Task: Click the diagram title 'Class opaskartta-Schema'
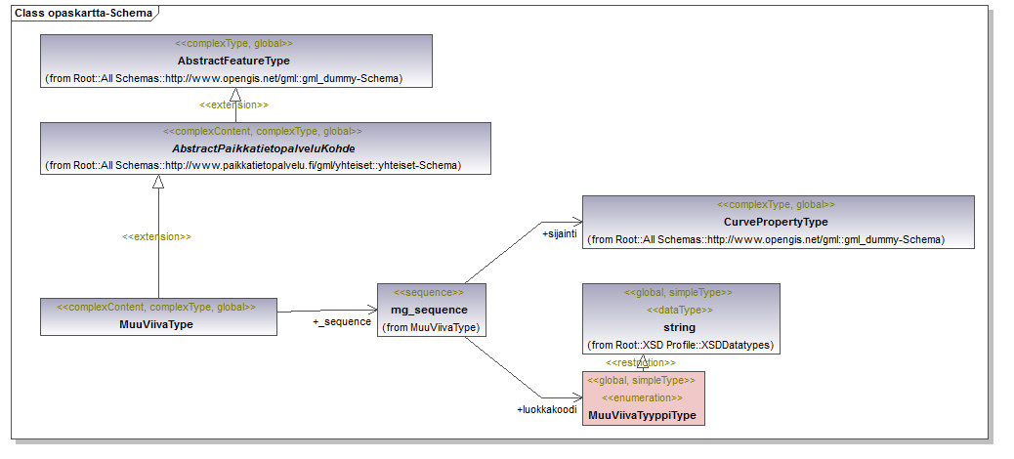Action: (83, 13)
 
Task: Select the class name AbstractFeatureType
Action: (233, 61)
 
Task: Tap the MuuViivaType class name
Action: (156, 324)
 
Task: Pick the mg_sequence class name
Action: (429, 310)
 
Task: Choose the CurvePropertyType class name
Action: (776, 222)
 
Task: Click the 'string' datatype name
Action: (679, 327)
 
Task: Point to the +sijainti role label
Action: (559, 234)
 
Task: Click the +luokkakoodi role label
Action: (546, 409)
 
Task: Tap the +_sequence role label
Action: (342, 321)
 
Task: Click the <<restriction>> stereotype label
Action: (640, 362)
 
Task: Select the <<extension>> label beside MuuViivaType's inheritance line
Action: (156, 236)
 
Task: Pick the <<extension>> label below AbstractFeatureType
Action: (233, 104)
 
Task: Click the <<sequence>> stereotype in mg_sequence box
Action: (429, 292)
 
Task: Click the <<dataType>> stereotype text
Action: (680, 310)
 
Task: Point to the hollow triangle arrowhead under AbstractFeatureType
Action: (235, 95)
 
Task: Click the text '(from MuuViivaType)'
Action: (431, 328)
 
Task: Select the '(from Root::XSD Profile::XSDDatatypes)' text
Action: (680, 345)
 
